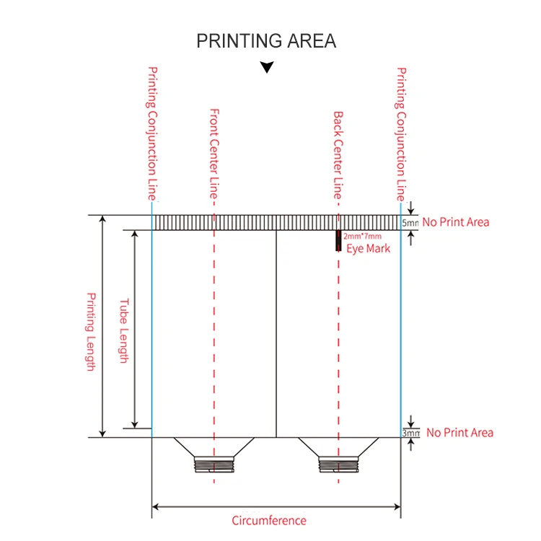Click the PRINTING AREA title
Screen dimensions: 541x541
[266, 41]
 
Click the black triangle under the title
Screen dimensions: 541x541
[267, 68]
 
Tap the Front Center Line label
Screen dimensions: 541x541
[214, 154]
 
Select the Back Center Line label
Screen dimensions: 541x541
[338, 154]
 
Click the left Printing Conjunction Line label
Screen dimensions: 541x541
[152, 133]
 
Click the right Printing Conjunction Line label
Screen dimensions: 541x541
[402, 133]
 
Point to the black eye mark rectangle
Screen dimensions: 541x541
[338, 241]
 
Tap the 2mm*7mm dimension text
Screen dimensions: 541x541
[362, 237]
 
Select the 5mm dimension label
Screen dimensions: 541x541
[410, 223]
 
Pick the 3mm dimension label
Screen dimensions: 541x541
[410, 433]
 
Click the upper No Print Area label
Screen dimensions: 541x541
[456, 222]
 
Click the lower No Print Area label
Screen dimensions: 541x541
[459, 433]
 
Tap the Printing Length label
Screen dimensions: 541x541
[91, 331]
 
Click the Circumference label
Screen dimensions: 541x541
[268, 521]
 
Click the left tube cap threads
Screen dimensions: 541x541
[214, 465]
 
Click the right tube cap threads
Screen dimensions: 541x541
[338, 465]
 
